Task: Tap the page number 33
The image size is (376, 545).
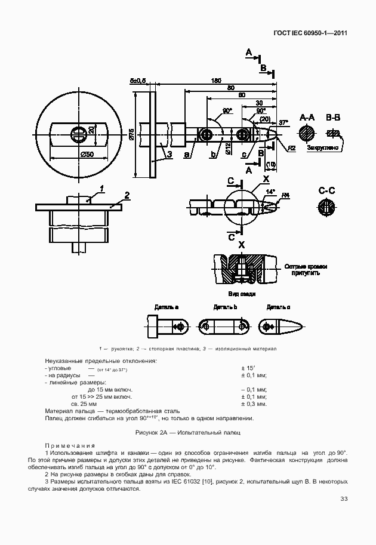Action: (344, 499)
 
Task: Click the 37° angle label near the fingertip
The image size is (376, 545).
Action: (283, 122)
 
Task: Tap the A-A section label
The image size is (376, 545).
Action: (307, 117)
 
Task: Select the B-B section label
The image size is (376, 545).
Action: (333, 117)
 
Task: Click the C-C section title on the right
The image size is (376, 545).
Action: (326, 191)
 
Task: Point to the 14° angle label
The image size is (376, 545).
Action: (270, 192)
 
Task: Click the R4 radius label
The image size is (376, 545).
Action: (286, 195)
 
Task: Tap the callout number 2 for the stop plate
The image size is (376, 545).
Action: (127, 195)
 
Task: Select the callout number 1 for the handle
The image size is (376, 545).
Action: (102, 189)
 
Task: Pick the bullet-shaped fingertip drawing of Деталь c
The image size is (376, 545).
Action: (280, 327)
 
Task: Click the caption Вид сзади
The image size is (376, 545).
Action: (242, 294)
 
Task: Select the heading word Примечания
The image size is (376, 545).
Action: (69, 445)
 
